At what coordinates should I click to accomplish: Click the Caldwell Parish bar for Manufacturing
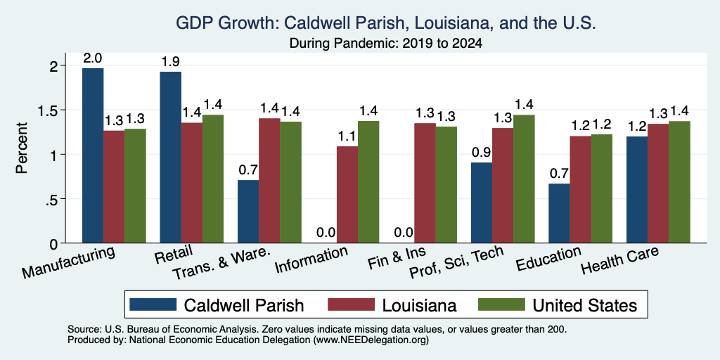[93, 155]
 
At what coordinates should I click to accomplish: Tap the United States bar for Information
[368, 182]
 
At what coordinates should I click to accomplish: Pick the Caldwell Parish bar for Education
[559, 213]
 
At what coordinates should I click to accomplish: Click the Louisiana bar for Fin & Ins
[425, 183]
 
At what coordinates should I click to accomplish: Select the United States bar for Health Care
[680, 182]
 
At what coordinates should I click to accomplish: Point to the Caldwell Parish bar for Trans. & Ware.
[248, 211]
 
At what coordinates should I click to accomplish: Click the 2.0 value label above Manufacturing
[93, 58]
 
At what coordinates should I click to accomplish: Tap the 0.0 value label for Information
[326, 233]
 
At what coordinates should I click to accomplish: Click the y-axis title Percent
[22, 148]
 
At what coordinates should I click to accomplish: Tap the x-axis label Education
[549, 259]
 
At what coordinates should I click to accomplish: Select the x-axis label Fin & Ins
[398, 257]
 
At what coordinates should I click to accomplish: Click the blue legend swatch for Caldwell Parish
[153, 304]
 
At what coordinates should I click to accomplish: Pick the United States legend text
[584, 305]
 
